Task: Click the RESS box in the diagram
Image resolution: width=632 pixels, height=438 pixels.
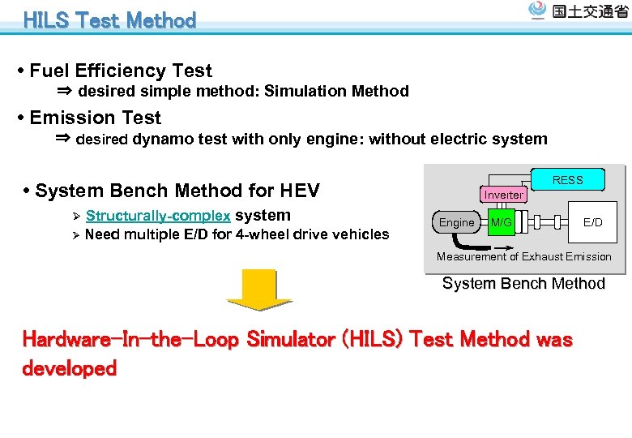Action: click(x=567, y=180)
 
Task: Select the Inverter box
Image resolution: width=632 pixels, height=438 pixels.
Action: click(x=503, y=195)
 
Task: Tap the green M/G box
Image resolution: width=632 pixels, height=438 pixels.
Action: click(x=502, y=222)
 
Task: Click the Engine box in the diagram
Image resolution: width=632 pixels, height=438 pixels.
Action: click(x=457, y=222)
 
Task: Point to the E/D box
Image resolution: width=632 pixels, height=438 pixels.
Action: click(x=593, y=222)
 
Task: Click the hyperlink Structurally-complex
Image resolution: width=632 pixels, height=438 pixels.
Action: click(x=158, y=216)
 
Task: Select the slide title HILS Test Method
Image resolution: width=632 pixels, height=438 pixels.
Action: click(x=110, y=20)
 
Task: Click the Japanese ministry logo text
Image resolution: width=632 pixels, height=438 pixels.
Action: click(x=589, y=12)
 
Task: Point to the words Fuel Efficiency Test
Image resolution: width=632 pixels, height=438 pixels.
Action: click(x=121, y=71)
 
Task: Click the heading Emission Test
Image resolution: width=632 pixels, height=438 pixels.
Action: click(x=96, y=118)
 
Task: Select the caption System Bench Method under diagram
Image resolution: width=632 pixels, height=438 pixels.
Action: click(x=523, y=284)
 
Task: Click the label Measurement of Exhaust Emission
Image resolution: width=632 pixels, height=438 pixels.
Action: click(x=524, y=257)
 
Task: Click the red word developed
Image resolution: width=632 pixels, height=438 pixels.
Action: click(x=70, y=368)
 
